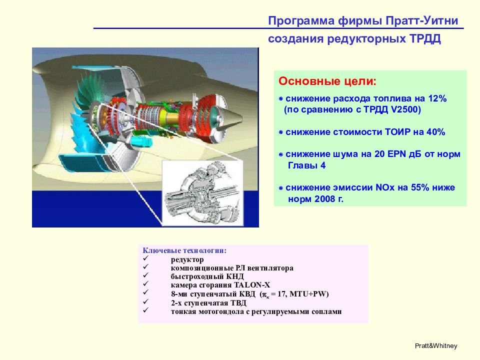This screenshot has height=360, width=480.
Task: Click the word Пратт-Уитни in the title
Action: (x=421, y=21)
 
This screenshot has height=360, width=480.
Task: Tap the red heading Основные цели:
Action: (x=327, y=81)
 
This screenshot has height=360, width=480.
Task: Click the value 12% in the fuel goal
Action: (x=437, y=98)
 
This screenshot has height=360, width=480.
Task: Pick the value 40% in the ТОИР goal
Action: (x=435, y=132)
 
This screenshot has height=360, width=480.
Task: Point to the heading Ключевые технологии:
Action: (x=184, y=250)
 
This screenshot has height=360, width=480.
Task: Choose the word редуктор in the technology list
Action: (x=187, y=260)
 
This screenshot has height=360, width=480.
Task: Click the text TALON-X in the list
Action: (x=252, y=285)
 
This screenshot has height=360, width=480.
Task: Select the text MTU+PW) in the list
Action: (x=309, y=294)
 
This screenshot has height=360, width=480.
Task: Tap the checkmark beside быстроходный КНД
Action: (x=145, y=275)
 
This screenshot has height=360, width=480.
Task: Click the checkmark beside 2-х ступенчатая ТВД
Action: (x=145, y=301)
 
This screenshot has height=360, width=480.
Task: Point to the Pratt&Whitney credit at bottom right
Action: (x=436, y=346)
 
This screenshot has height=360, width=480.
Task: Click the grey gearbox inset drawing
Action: (x=202, y=193)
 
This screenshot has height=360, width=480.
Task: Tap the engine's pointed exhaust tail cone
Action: (x=234, y=115)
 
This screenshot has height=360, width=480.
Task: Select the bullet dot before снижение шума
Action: (x=280, y=154)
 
